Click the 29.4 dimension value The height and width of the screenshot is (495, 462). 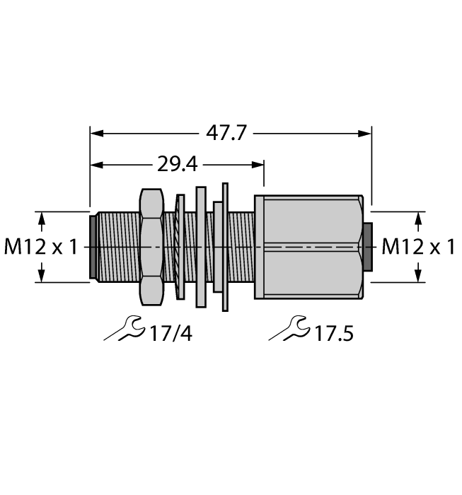pyautogui.click(x=177, y=165)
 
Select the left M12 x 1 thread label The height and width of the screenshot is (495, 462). pyautogui.click(x=42, y=247)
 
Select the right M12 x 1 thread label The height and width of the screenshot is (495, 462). pyautogui.click(x=418, y=247)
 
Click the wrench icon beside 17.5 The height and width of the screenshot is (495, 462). pyautogui.click(x=289, y=330)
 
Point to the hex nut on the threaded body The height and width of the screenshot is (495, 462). pyautogui.click(x=152, y=247)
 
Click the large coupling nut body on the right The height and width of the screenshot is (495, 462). pyautogui.click(x=311, y=247)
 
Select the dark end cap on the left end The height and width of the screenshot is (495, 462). pyautogui.click(x=93, y=247)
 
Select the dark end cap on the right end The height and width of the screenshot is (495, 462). pyautogui.click(x=367, y=247)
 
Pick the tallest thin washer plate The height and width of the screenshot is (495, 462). pyautogui.click(x=226, y=247)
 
